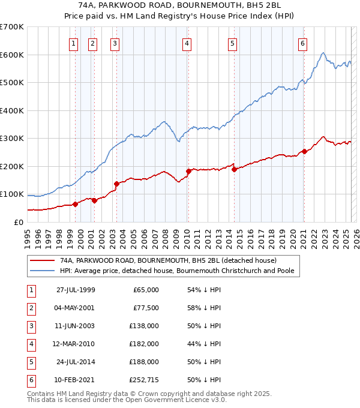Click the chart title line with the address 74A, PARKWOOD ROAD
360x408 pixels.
(180, 5)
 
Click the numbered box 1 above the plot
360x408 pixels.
(73, 43)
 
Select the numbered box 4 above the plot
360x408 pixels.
(187, 43)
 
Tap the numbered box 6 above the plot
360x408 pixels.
(303, 43)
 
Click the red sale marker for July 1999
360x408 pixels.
(76, 204)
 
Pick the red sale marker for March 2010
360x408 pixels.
(188, 172)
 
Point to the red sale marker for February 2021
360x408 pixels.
(304, 151)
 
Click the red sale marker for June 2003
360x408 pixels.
(116, 184)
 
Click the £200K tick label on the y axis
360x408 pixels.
(12, 166)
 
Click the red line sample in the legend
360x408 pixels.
(42, 260)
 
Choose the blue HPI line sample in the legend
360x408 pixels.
(42, 271)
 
